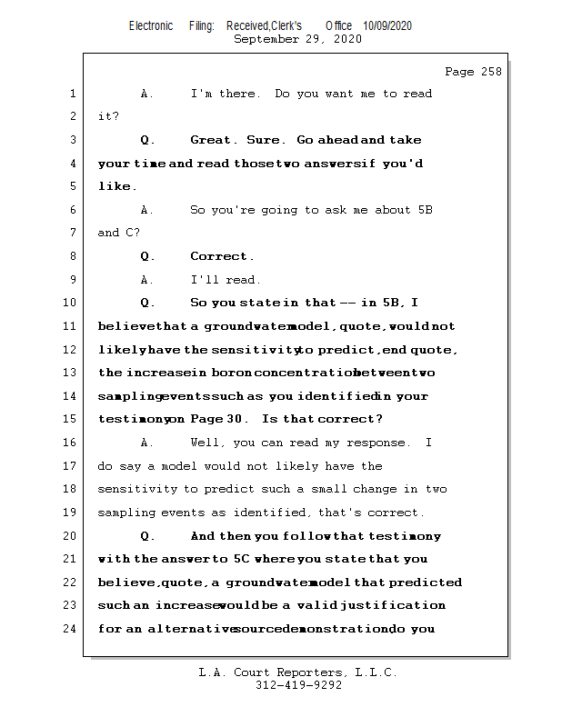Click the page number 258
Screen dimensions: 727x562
pyautogui.click(x=492, y=72)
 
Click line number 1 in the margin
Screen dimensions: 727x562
pyautogui.click(x=72, y=94)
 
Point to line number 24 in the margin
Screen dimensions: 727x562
pyautogui.click(x=69, y=628)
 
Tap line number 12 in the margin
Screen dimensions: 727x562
pyautogui.click(x=69, y=350)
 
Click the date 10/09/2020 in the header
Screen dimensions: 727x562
pyautogui.click(x=387, y=25)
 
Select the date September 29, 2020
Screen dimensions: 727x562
pyautogui.click(x=297, y=39)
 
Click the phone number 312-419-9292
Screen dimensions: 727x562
pyautogui.click(x=298, y=685)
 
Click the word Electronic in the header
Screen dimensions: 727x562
pyautogui.click(x=151, y=25)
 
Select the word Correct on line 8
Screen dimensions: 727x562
pyautogui.click(x=219, y=256)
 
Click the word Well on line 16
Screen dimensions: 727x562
pyautogui.click(x=207, y=443)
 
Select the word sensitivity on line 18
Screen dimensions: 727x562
pyautogui.click(x=135, y=489)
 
